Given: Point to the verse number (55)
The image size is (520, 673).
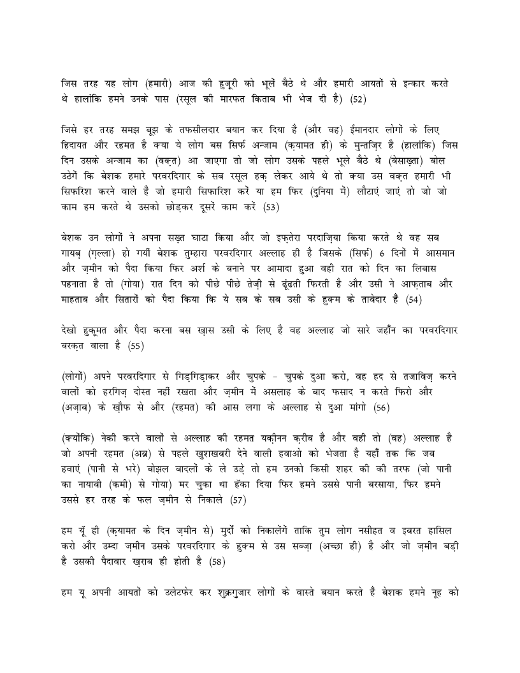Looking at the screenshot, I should click(x=136, y=346).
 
